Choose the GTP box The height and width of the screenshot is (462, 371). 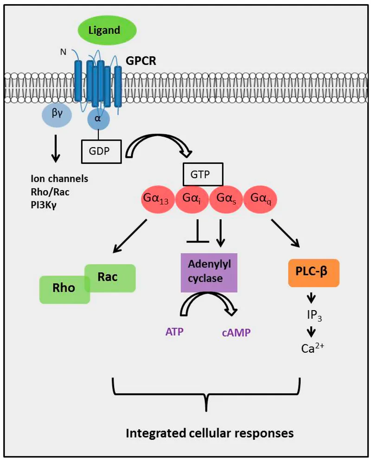[x=202, y=175]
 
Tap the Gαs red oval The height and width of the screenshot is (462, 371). [x=227, y=199]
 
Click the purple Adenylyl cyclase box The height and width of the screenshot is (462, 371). [x=209, y=272]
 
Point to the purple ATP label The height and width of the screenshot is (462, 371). [x=174, y=332]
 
